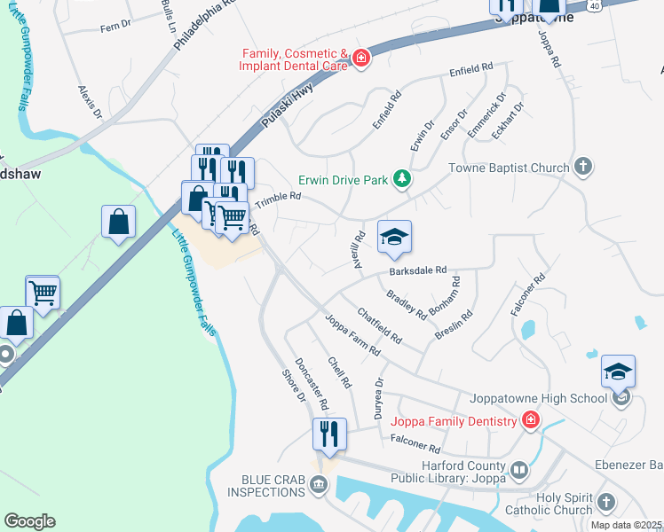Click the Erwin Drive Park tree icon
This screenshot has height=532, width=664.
402,180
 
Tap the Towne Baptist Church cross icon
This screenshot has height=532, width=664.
583,167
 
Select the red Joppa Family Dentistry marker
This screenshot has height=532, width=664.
531,420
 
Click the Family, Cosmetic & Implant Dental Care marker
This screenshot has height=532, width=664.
360,59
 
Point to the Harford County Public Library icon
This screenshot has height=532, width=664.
518,469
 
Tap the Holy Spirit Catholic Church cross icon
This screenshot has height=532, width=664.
606,502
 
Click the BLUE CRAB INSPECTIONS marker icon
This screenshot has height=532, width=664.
319,485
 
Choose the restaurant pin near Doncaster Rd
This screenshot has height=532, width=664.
329,434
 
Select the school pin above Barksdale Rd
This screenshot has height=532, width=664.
394,237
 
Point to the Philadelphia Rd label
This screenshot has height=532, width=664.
203,26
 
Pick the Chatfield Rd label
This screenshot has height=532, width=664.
379,325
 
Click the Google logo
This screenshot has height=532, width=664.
29,521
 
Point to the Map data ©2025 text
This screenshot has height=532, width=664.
626,525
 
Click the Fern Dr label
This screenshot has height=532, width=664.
115,27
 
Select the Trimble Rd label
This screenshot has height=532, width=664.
279,201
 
